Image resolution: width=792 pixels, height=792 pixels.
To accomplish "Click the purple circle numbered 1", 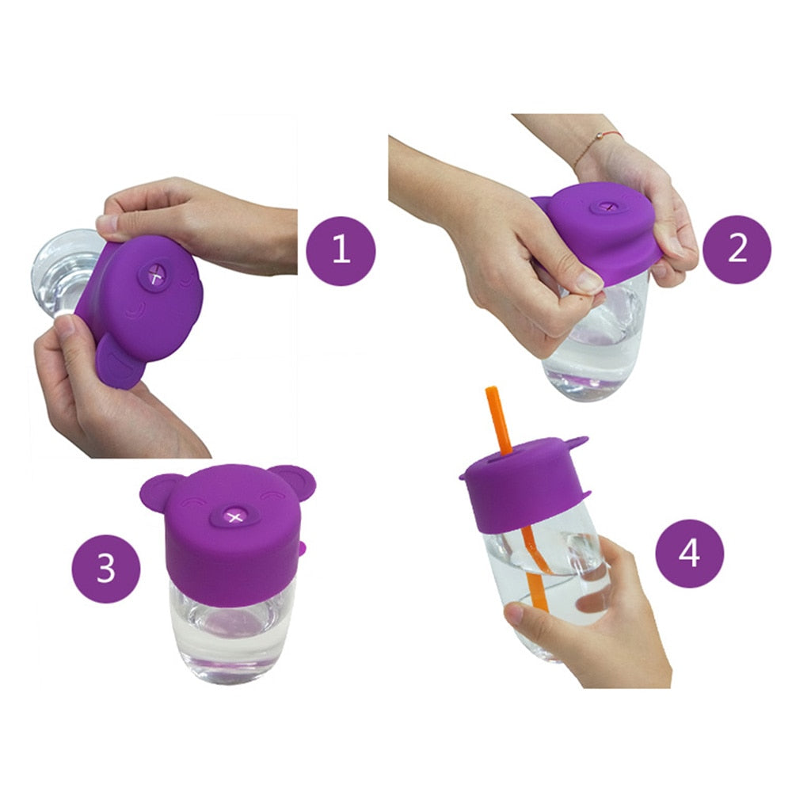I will [x=341, y=249].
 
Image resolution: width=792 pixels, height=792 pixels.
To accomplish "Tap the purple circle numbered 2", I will [x=737, y=249].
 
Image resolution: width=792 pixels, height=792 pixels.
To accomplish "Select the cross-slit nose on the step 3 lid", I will [x=233, y=517].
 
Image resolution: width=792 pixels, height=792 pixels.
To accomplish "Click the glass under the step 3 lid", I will [x=230, y=634].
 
